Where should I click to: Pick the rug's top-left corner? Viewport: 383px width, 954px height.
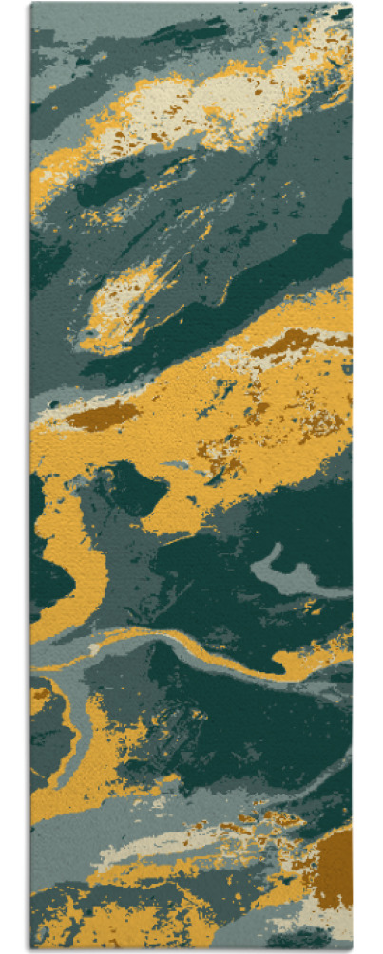tap(31, 4)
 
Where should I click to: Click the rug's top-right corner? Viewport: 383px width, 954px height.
tap(351, 4)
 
